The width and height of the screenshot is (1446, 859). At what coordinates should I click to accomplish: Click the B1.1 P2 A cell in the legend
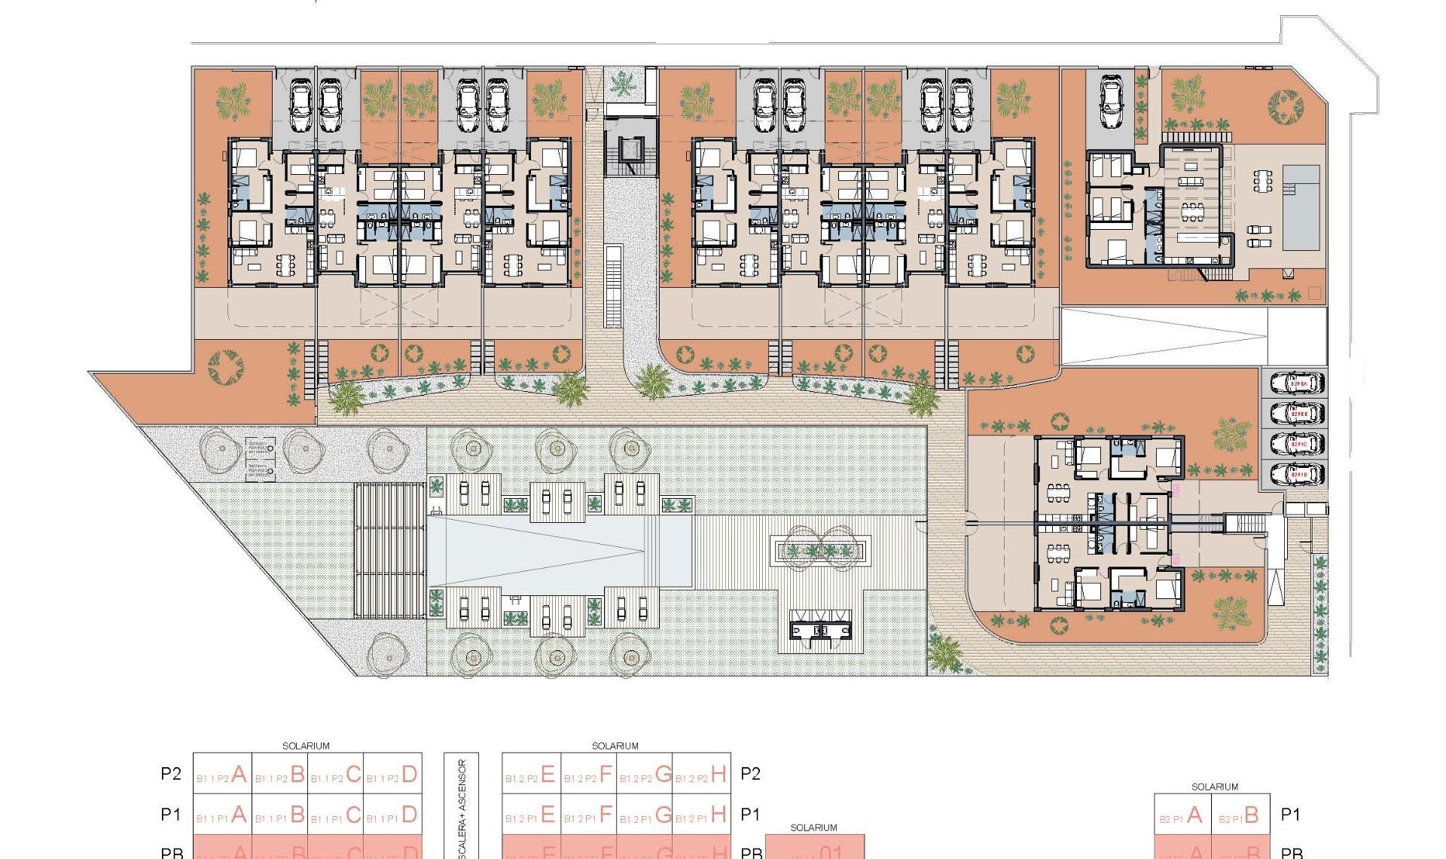(222, 774)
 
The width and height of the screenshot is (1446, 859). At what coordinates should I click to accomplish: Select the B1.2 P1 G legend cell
(645, 815)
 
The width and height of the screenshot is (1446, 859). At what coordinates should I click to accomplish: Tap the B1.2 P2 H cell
(701, 774)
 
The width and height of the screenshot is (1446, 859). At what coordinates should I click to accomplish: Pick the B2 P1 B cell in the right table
(1240, 815)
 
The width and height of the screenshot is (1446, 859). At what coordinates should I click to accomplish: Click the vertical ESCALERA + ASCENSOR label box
(462, 806)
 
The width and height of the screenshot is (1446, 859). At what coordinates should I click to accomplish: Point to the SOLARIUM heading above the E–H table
(615, 746)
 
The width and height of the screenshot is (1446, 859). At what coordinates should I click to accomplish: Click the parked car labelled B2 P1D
(1297, 475)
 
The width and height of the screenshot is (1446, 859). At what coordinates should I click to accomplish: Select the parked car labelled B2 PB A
(1297, 384)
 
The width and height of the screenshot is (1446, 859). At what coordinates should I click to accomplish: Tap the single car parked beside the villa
(1112, 102)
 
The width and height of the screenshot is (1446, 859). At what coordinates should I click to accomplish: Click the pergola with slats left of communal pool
(389, 550)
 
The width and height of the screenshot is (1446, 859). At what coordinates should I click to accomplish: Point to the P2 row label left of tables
(171, 774)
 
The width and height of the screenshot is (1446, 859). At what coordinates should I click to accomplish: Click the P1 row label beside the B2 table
(1291, 815)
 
